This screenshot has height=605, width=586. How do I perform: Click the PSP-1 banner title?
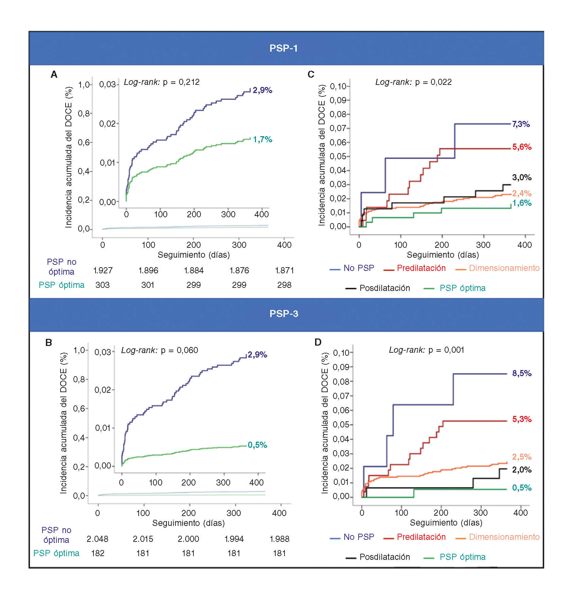283,48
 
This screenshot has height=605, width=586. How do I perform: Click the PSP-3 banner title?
283,314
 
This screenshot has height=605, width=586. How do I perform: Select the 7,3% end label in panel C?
521,124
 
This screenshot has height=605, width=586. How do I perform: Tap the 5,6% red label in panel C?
522,147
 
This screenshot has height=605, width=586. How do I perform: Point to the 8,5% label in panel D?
522,373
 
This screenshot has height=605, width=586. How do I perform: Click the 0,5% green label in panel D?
522,488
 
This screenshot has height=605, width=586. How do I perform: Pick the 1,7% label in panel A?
262,139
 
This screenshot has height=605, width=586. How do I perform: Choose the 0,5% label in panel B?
257,445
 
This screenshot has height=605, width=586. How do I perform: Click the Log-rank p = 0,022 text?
413,82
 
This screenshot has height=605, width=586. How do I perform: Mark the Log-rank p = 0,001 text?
426,350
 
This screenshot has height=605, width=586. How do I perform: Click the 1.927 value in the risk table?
103,271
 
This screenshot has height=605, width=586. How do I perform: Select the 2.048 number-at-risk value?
98,539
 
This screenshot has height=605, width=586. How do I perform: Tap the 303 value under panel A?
102,285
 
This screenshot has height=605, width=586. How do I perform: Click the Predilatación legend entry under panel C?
421,268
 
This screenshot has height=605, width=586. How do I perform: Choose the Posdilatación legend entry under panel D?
384,557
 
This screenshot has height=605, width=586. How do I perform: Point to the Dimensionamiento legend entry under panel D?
504,537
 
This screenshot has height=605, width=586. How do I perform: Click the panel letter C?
311,74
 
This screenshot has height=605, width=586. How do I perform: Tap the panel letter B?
49,342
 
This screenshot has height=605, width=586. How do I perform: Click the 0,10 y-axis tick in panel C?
338,86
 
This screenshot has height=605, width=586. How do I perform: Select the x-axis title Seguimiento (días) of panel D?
446,522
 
